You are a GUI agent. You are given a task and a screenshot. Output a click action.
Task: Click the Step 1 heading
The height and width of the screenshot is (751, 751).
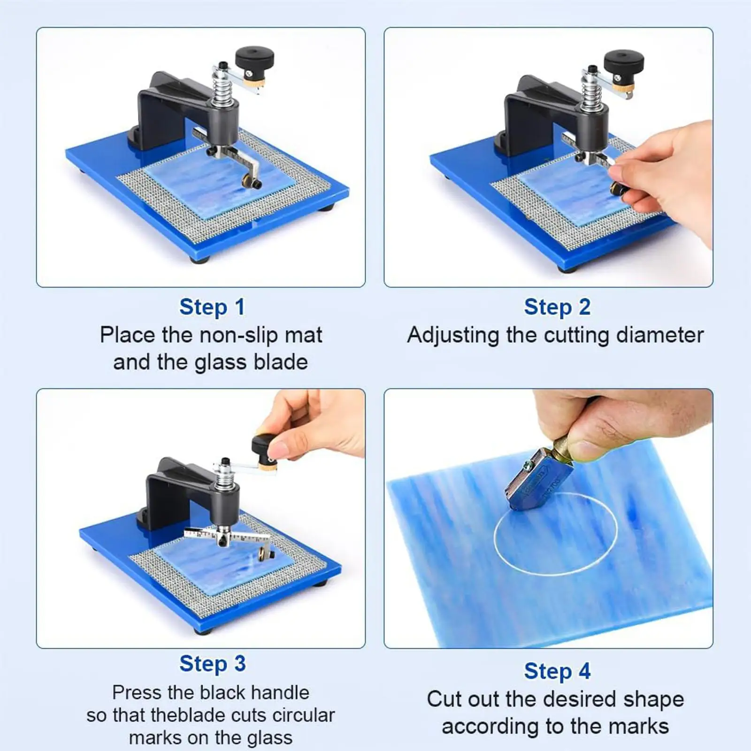(x=212, y=307)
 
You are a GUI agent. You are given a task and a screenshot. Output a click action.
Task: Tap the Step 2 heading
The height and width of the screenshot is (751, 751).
(x=557, y=307)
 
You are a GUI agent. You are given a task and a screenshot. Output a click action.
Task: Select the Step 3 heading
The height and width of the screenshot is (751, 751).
(x=212, y=664)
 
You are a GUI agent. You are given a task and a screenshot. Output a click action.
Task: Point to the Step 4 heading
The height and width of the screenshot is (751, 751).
(x=557, y=671)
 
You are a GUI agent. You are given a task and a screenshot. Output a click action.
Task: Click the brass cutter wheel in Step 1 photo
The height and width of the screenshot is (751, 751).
(x=247, y=180)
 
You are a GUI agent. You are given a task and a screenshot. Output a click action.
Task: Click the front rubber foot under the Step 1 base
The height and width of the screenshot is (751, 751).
(x=198, y=259)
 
